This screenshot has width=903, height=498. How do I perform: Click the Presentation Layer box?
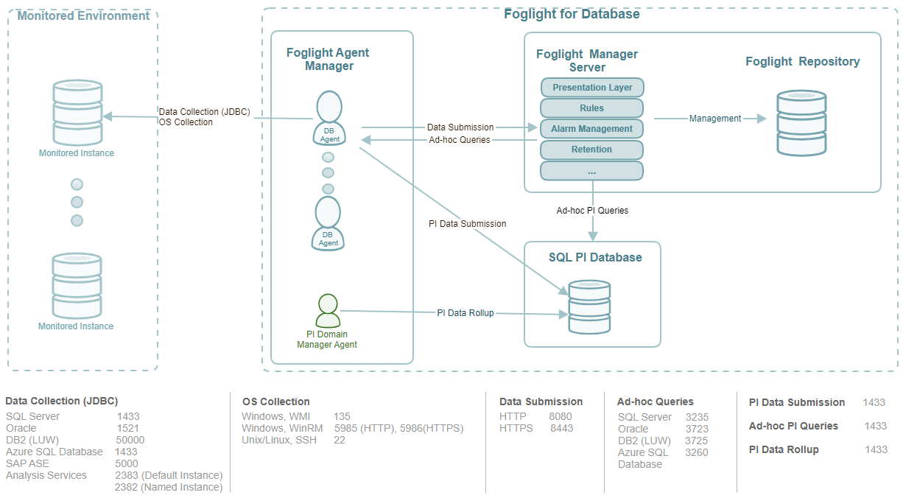592,88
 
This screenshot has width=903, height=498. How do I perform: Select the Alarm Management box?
592,129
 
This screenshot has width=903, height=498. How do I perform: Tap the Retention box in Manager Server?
592,150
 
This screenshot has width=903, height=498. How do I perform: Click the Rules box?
592,108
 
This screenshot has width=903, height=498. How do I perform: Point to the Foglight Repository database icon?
801,123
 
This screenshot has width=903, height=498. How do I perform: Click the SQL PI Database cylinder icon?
589,308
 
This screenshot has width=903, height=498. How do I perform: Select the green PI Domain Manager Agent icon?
327,311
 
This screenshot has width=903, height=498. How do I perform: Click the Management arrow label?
715,119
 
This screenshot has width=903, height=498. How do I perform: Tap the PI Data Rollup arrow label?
465,313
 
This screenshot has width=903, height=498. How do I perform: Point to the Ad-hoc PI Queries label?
592,211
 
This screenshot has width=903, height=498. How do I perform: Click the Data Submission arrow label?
460,127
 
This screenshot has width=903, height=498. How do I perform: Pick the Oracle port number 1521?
127,428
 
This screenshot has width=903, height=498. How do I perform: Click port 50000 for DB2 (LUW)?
130,440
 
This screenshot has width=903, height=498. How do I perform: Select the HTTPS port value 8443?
561,428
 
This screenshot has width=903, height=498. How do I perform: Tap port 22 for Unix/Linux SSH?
340,440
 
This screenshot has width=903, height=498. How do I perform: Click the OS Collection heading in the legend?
276,401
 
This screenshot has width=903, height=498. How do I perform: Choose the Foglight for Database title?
572,14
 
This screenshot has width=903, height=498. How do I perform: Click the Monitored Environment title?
83,15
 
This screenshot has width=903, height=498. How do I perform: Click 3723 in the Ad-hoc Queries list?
697,429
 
